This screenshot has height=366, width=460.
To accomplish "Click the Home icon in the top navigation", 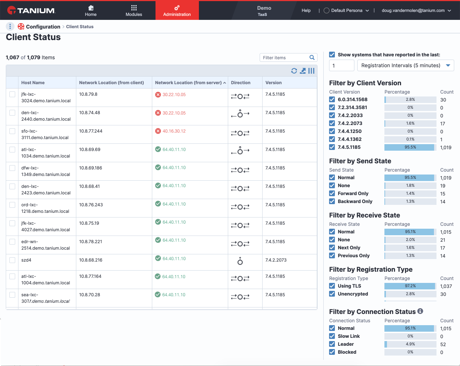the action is (91, 8).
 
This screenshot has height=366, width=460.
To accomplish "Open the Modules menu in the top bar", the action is (134, 11).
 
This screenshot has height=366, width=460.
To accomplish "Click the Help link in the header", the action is (306, 10).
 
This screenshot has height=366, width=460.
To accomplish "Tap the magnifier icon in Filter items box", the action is (312, 57).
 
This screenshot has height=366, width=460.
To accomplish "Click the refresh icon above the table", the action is (294, 71).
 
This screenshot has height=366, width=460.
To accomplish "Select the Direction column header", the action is (240, 83).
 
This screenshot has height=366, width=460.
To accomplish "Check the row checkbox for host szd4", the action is (12, 260).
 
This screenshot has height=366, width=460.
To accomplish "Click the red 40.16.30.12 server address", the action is (174, 131).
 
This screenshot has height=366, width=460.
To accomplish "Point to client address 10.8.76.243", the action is (91, 205).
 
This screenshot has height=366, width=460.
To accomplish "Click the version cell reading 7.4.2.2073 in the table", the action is (276, 260).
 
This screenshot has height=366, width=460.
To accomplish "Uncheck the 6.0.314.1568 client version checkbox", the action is (332, 99).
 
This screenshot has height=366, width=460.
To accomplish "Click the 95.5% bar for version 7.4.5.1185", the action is (410, 147).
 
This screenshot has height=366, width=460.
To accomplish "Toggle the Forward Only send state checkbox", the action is (332, 193).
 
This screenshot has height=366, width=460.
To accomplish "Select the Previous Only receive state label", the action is (354, 255).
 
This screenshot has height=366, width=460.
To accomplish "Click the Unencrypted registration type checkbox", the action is (332, 294).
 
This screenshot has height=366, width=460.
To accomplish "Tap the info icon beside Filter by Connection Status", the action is (420, 311).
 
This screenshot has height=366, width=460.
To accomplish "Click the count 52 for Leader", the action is (443, 344).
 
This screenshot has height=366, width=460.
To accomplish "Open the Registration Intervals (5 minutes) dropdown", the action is (405, 65).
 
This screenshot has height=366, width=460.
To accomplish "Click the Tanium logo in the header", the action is (31, 10).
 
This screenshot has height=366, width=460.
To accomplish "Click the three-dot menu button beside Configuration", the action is (10, 26).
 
